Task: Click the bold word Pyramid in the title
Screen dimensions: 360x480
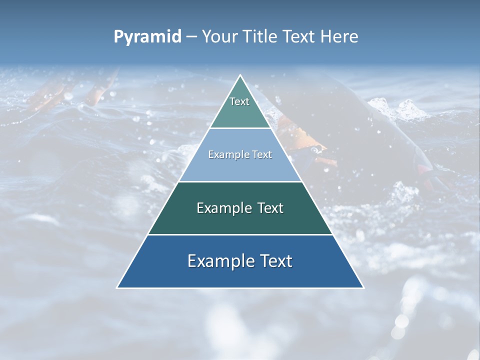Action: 147,37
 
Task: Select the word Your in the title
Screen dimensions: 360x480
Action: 220,37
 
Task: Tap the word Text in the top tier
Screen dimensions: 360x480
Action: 239,101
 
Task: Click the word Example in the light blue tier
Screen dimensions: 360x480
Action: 226,154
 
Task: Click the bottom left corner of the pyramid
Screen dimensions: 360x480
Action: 117,287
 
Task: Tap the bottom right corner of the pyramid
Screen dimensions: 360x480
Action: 363,287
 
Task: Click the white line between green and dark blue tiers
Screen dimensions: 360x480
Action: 240,234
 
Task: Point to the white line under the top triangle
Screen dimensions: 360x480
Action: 240,128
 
